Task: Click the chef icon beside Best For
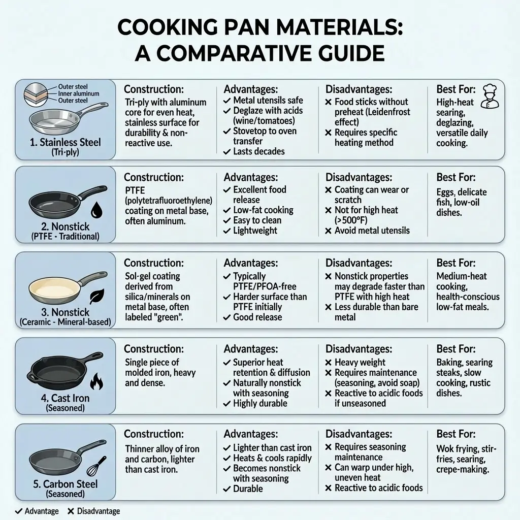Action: [x=490, y=96]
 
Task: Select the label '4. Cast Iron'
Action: [x=65, y=398]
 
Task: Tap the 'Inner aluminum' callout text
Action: [x=78, y=94]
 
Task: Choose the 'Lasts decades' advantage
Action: [x=258, y=151]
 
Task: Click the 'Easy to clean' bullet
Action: [x=257, y=220]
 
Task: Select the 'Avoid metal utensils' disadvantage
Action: [x=372, y=231]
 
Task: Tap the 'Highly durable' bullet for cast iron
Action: [x=260, y=403]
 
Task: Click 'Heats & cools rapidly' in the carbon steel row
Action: [x=272, y=458]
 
